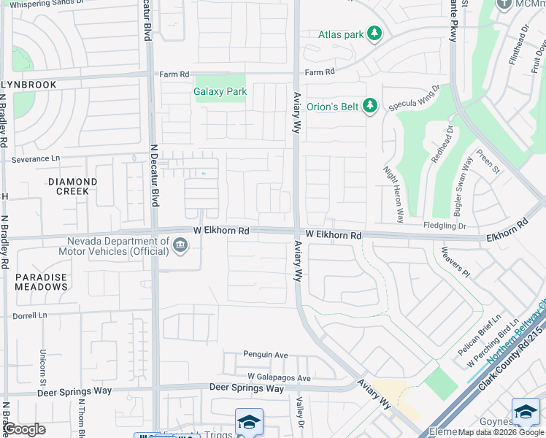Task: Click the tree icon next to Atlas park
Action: pyautogui.click(x=374, y=34)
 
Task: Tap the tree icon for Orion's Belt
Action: pyautogui.click(x=370, y=107)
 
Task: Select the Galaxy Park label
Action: pyautogui.click(x=220, y=92)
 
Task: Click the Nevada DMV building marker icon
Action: pyautogui.click(x=180, y=245)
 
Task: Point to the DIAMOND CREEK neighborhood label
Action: pyautogui.click(x=73, y=186)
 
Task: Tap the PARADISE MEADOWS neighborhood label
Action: pyautogui.click(x=42, y=282)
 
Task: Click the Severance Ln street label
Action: pyautogui.click(x=36, y=158)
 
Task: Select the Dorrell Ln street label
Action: pyautogui.click(x=30, y=315)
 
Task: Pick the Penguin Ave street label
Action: pyautogui.click(x=266, y=355)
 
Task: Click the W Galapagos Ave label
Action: pyautogui.click(x=279, y=378)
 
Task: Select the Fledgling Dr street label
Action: pyautogui.click(x=443, y=226)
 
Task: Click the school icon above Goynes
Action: pyautogui.click(x=526, y=412)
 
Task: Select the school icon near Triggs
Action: pyautogui.click(x=249, y=422)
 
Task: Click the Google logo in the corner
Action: pyautogui.click(x=25, y=429)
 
